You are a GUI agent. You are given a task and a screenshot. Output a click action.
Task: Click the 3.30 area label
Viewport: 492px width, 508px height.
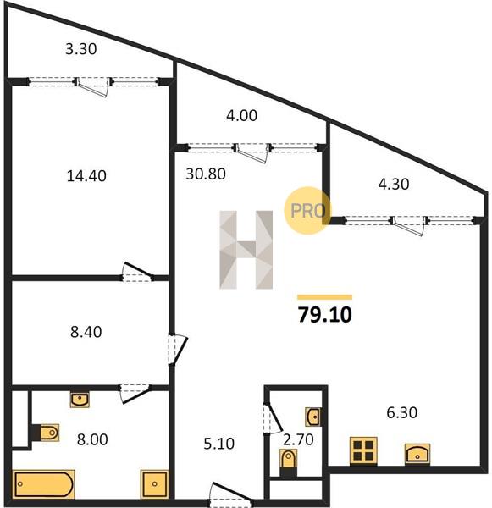(81, 49)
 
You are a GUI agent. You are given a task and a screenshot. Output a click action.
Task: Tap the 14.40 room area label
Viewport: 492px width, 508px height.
(86, 176)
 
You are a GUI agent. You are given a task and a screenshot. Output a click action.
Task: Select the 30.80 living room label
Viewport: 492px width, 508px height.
(206, 174)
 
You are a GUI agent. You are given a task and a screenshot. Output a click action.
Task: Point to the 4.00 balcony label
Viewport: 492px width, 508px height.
(242, 115)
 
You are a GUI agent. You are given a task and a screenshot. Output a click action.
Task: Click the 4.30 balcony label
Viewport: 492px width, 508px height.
(394, 184)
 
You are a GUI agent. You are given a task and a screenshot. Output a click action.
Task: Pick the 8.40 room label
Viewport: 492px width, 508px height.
(86, 332)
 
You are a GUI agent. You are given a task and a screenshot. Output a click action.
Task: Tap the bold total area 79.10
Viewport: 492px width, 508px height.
(325, 315)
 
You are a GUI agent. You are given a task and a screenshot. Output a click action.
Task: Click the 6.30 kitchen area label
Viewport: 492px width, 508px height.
(402, 413)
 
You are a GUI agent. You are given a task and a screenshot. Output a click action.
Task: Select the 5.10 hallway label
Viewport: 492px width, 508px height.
(219, 444)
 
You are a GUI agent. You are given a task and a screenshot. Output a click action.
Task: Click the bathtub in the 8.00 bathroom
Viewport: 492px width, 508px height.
(44, 484)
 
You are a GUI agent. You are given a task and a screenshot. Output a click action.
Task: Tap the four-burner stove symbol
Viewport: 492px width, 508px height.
(363, 450)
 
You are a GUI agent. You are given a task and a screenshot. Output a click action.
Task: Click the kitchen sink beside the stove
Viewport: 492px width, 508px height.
(417, 454)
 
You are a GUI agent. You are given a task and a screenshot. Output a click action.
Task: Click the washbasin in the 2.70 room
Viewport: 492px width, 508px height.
(313, 417)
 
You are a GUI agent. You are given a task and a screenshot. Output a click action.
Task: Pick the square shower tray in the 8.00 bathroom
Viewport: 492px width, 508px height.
(154, 484)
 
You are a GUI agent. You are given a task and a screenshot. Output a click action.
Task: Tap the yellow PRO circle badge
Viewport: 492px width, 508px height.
(307, 211)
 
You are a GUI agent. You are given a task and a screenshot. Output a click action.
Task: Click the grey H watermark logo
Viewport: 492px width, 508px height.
(246, 250)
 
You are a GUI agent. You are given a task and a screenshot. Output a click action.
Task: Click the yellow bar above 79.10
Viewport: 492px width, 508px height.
(325, 297)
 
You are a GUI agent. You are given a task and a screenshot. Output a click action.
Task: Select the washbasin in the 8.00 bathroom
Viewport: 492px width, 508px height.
(80, 399)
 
